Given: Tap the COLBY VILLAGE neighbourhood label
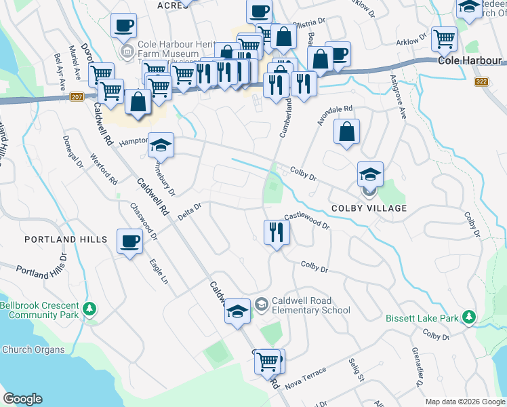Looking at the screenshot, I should coord(369,208).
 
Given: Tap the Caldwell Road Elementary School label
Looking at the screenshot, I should coord(310,305).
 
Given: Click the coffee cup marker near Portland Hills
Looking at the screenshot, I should coord(129,241).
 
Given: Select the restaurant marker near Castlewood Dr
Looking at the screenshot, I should coord(277,232).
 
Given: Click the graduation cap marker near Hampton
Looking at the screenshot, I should coord(161,144).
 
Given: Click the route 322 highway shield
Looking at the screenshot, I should coord(482,81).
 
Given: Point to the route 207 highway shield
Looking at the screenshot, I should coord(77,97).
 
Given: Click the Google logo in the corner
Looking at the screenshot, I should coord(22,399).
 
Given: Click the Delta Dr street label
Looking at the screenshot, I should coord(190,212).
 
